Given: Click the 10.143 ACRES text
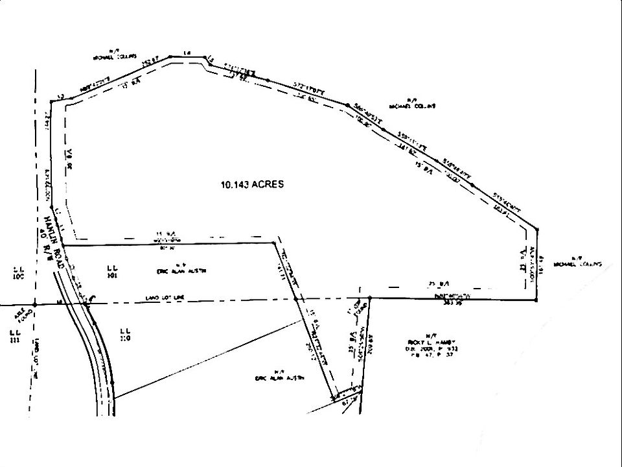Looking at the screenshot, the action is (x=252, y=184).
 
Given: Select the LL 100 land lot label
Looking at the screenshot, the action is (x=17, y=272).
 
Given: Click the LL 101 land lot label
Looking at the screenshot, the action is (x=111, y=270).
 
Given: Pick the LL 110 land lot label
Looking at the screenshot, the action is (x=126, y=334).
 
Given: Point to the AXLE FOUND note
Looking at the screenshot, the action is (x=22, y=315).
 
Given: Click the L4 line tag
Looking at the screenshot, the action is (x=188, y=53).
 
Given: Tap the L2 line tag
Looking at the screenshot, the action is (x=60, y=96).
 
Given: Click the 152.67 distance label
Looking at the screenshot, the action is (x=150, y=61).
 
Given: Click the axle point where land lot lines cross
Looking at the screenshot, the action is (x=36, y=304).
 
